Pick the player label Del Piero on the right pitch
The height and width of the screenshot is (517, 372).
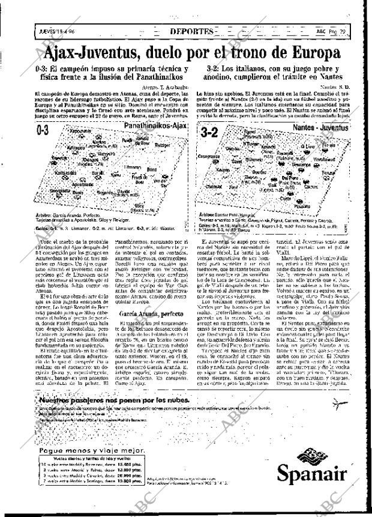(292, 178)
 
